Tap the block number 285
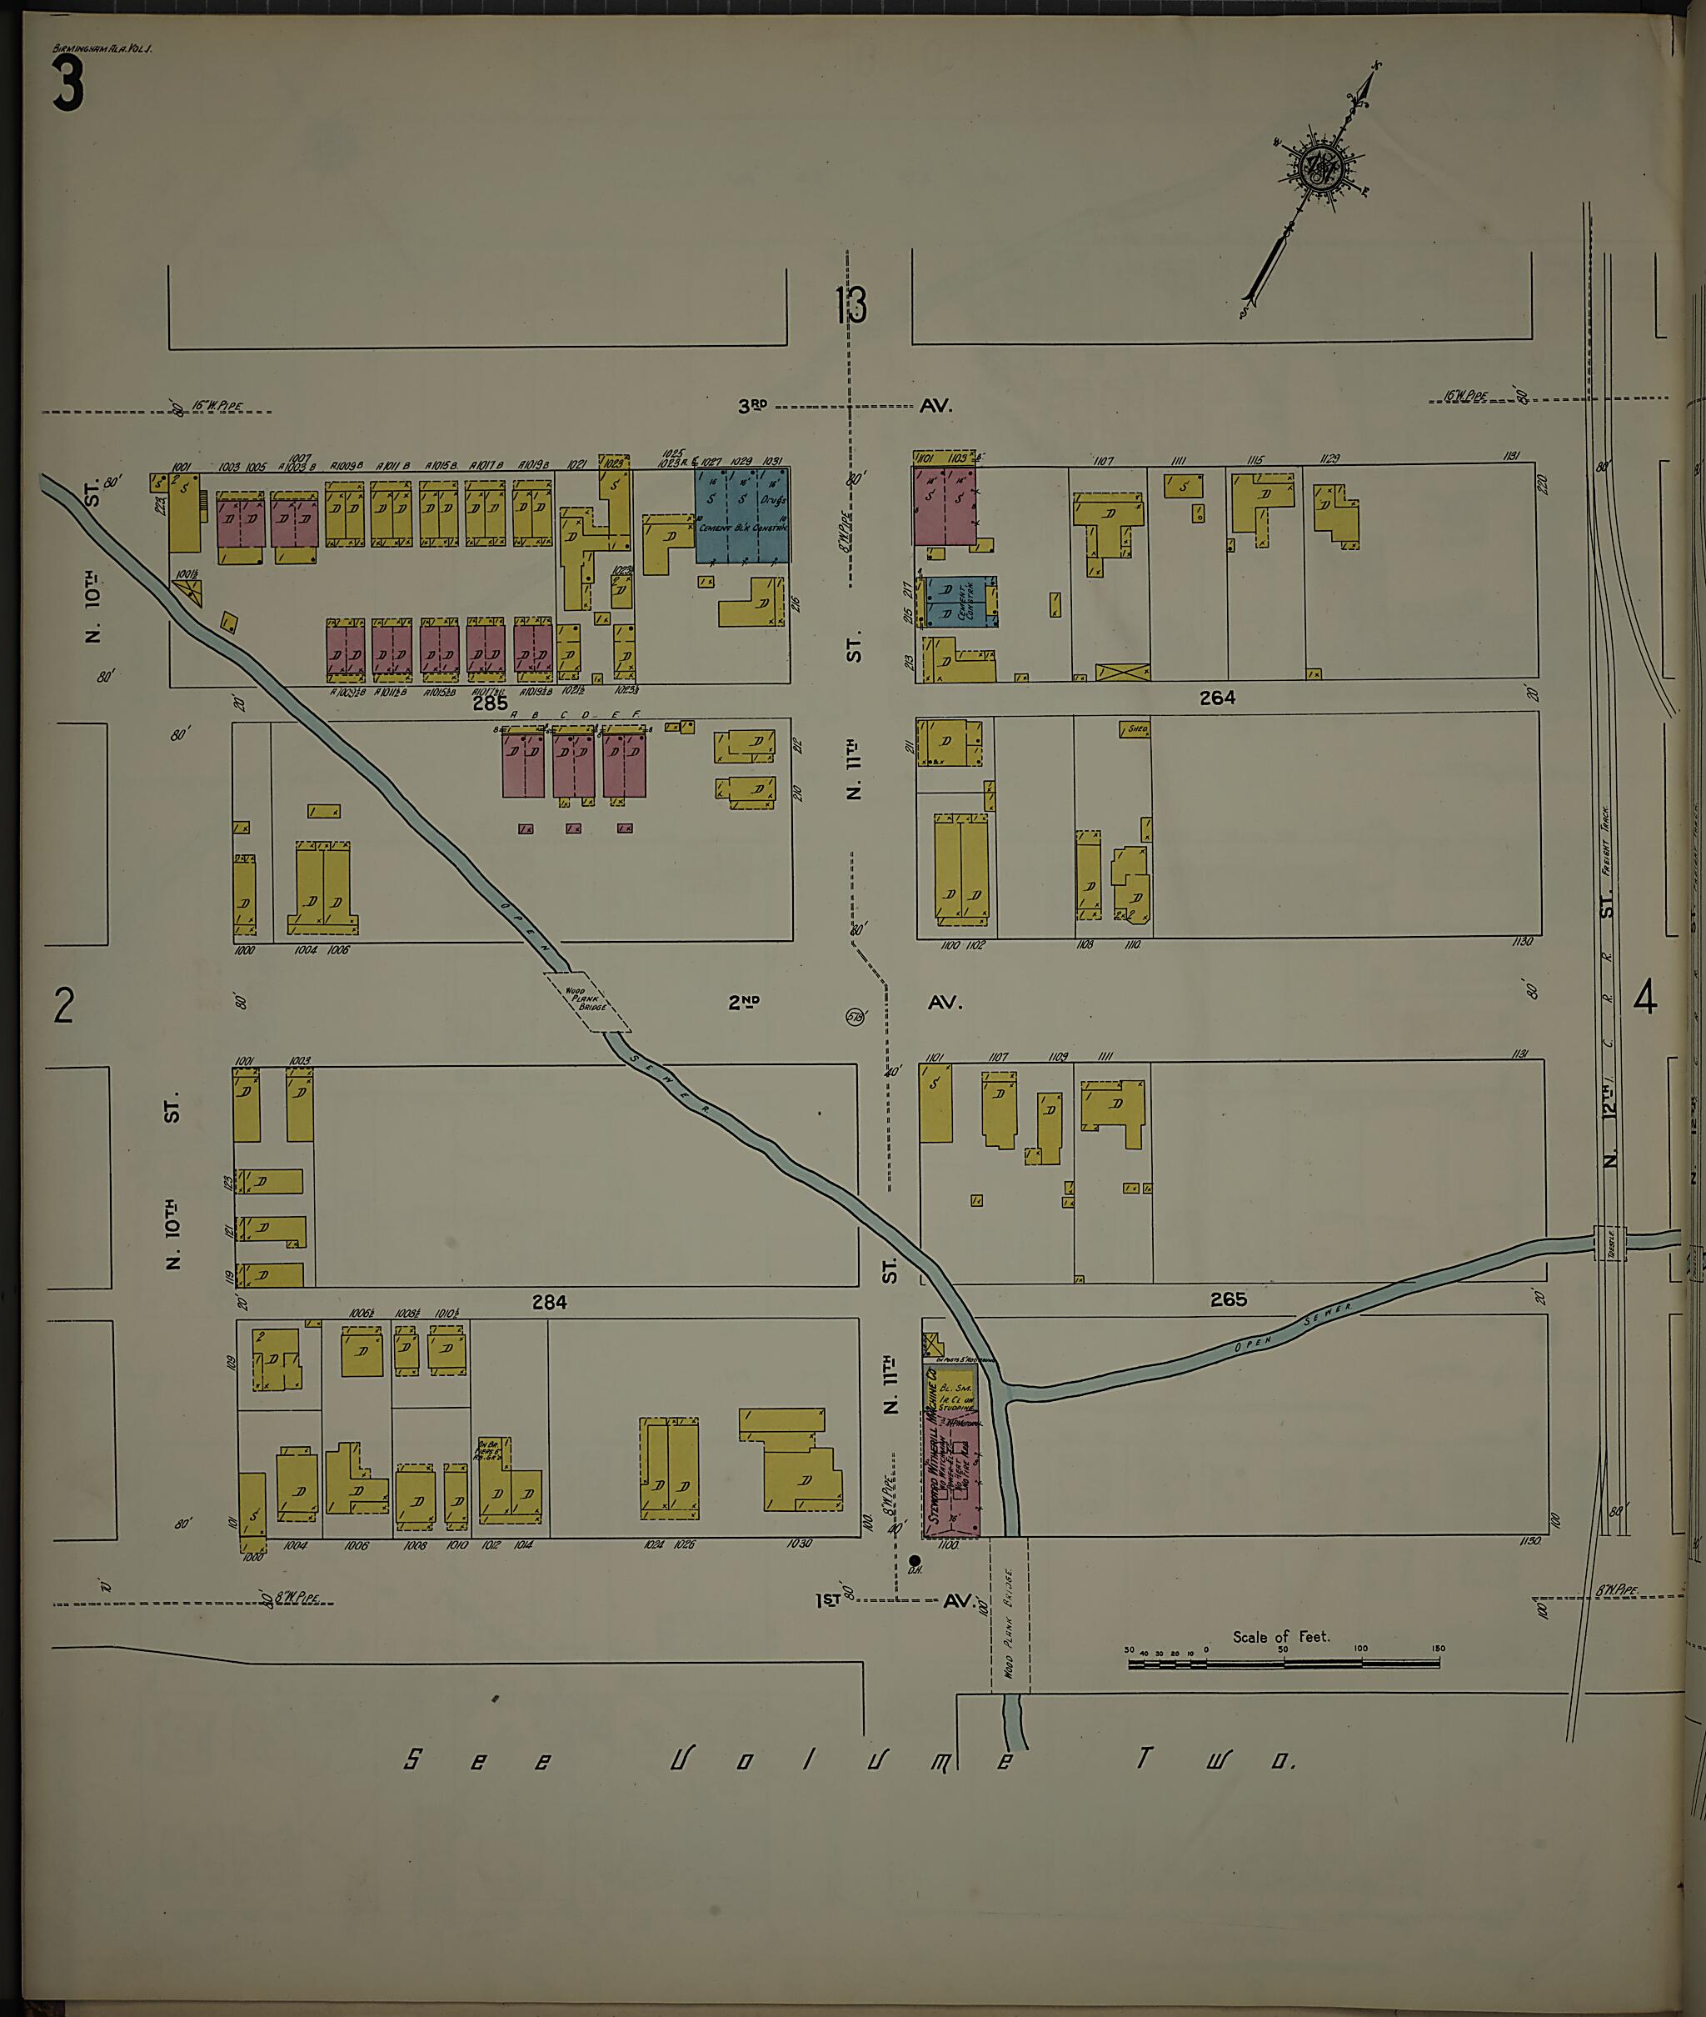click(x=491, y=703)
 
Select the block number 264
click(x=1217, y=698)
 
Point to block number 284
click(x=548, y=1303)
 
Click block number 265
click(x=1227, y=1300)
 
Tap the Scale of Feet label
click(x=1280, y=1637)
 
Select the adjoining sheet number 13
click(x=851, y=306)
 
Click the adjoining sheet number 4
click(x=1645, y=998)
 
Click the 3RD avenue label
click(x=752, y=406)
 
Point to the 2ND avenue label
click(x=743, y=1003)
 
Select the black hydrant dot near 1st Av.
click(x=915, y=1560)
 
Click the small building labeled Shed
click(x=1135, y=728)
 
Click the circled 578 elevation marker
click(x=855, y=1017)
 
